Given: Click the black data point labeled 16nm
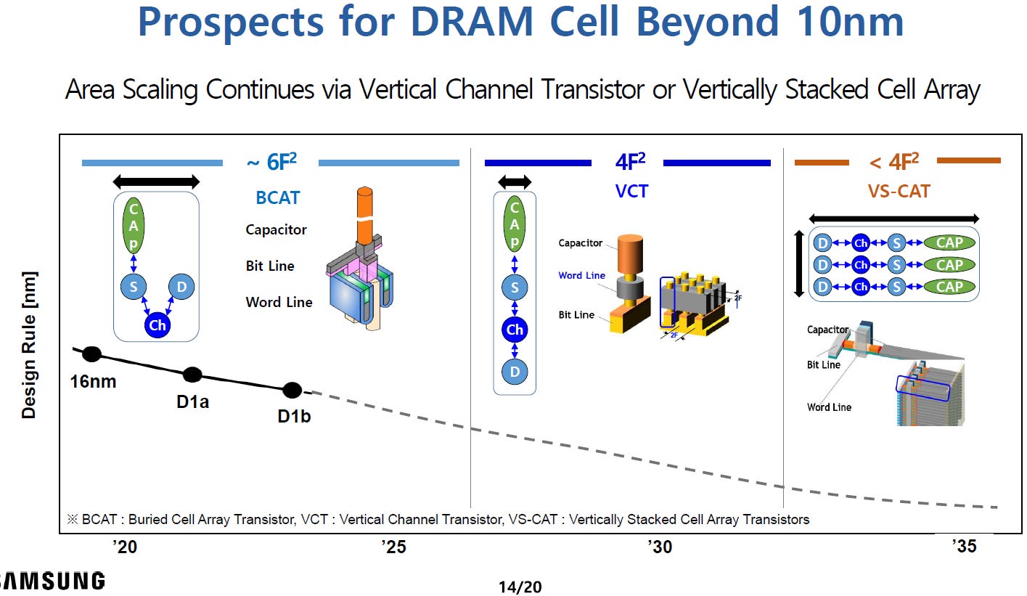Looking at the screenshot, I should [x=91, y=354].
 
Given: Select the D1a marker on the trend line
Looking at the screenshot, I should [x=192, y=375].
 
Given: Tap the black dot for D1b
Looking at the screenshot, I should [x=292, y=390].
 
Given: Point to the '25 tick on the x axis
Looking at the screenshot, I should [x=393, y=547].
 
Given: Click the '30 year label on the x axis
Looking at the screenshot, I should [x=660, y=547].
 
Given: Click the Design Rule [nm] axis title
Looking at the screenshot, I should [x=29, y=345].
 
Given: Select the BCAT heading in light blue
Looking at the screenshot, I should [x=277, y=197].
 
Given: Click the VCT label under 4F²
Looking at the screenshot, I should [x=631, y=191].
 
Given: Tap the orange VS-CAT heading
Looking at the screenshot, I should [x=899, y=191].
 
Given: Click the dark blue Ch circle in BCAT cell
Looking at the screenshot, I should [x=157, y=325].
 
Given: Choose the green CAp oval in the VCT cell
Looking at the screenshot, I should [x=515, y=221].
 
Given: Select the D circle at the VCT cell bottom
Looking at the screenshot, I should [x=515, y=372].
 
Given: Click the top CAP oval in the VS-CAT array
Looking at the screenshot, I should [x=949, y=243].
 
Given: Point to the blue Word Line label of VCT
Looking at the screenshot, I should [x=581, y=276].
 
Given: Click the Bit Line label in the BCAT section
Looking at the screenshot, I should [x=270, y=266].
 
